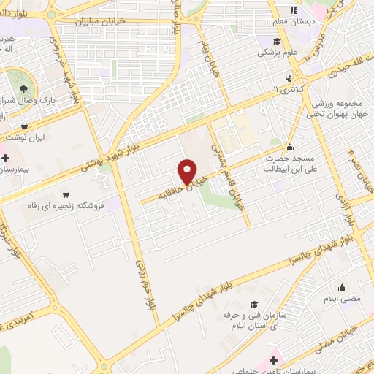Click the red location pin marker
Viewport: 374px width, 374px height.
tap(188, 171)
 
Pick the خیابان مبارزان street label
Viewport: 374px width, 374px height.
tap(105, 22)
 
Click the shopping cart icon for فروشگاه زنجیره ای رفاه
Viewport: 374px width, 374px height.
tap(66, 195)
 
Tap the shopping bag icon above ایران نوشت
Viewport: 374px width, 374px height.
tap(27, 126)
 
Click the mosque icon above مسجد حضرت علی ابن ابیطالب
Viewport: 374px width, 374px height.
tap(290, 146)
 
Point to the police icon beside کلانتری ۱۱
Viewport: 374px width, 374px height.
tap(290, 78)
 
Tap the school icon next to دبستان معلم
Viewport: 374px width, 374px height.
tap(293, 10)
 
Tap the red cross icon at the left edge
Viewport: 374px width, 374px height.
tap(4, 158)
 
